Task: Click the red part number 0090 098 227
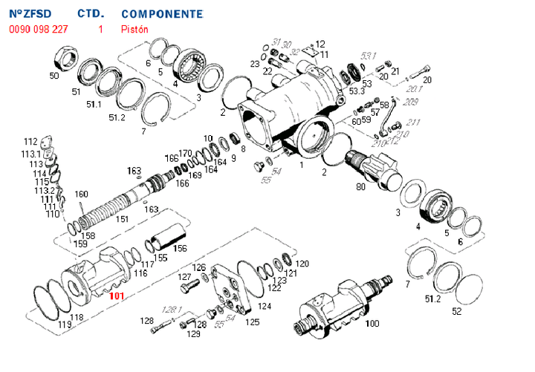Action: tap(38, 30)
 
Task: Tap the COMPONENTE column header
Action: tap(161, 14)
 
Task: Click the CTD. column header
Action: tap(91, 14)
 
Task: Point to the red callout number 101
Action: tap(117, 296)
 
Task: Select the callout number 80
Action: tap(360, 188)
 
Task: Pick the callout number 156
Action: tap(179, 249)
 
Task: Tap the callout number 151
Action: tap(123, 220)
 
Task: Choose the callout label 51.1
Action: tap(94, 105)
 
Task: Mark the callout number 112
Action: tap(30, 142)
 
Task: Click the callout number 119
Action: tap(65, 324)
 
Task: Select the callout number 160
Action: tap(81, 194)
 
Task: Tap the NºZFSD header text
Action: tap(30, 14)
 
